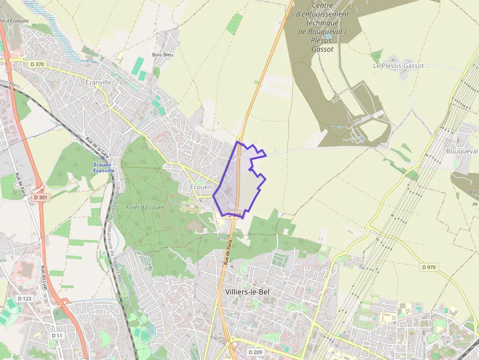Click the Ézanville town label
(x=98, y=83)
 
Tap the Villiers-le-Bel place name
(x=247, y=292)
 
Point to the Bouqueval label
(x=462, y=151)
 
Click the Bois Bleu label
(x=163, y=55)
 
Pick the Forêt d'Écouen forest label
(x=145, y=207)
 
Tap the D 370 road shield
(x=37, y=64)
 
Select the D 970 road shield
(x=428, y=267)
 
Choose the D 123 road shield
(x=24, y=298)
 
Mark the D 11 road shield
(x=57, y=336)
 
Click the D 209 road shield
(x=255, y=352)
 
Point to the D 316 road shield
(x=235, y=215)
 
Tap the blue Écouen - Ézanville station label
(x=105, y=168)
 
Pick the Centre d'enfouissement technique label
(x=323, y=26)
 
